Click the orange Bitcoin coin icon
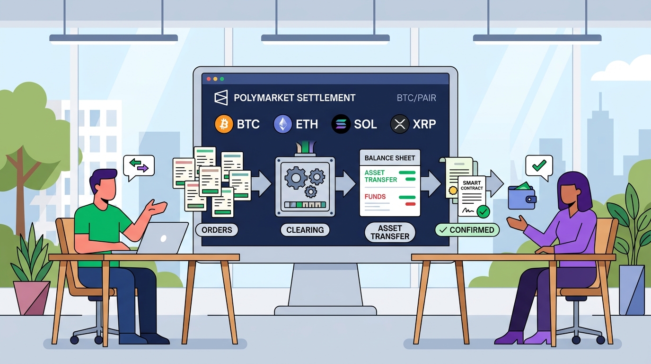tap(224, 124)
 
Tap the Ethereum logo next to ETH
tap(283, 124)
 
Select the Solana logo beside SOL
tap(341, 124)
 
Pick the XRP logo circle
tap(400, 124)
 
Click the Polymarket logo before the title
tap(221, 98)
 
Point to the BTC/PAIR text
tap(416, 98)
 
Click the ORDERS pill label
tap(217, 230)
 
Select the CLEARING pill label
tap(305, 230)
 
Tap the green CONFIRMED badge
tap(467, 230)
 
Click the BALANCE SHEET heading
tap(390, 158)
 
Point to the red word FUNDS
tap(375, 197)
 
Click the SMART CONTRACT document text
tap(472, 185)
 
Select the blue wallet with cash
tap(522, 196)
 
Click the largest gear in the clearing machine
tap(296, 178)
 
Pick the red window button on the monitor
tap(208, 79)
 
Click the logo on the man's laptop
tap(163, 239)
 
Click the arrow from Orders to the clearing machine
tap(261, 184)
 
